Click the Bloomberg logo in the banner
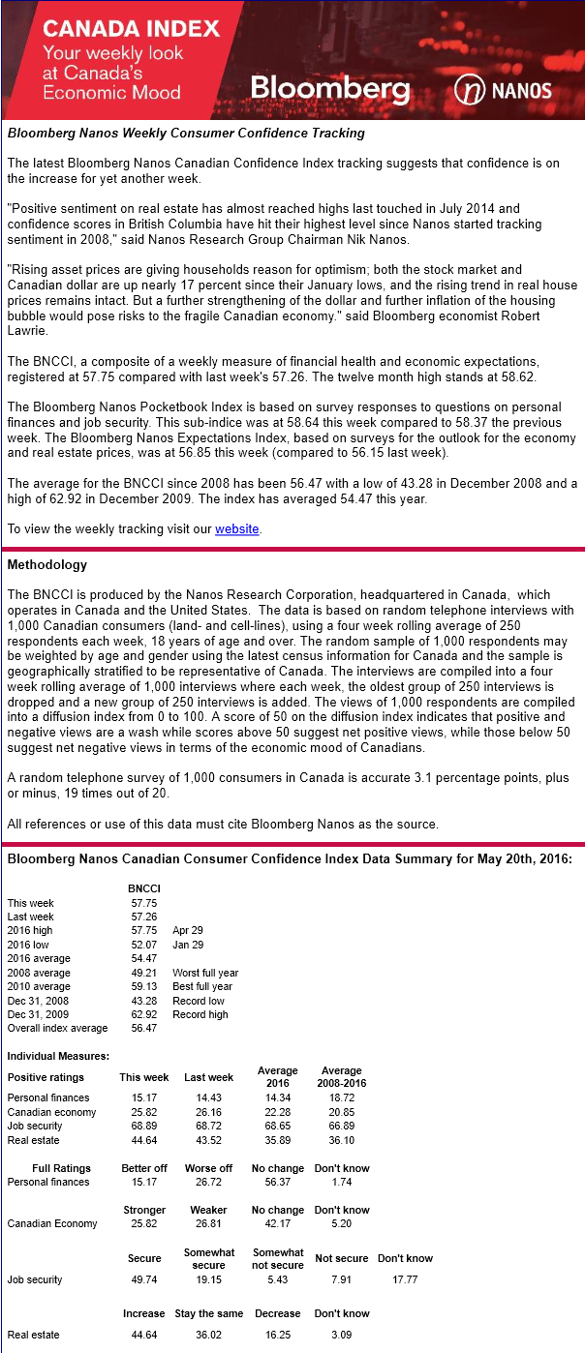point(329,90)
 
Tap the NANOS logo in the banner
point(503,91)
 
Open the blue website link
point(237,528)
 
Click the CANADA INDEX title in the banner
point(132,28)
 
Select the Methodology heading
point(47,564)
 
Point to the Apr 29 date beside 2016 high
point(188,930)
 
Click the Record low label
point(200,1001)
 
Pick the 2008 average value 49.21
point(143,973)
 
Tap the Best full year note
point(202,986)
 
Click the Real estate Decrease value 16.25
point(278,1335)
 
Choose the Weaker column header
point(208,1210)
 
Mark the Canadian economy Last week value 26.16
point(208,1112)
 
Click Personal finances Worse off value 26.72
point(208,1182)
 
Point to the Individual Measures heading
point(58,1056)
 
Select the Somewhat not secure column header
point(278,1258)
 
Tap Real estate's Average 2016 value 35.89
point(278,1140)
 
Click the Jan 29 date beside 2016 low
point(188,945)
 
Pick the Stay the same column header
point(208,1313)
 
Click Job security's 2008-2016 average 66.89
point(341,1126)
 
